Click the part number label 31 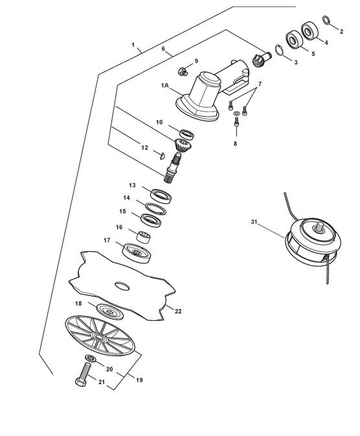[254, 222]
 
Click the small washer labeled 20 [91, 358]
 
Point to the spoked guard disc [100, 336]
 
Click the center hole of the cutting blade [122, 286]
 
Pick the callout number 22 [178, 311]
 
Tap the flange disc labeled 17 [137, 253]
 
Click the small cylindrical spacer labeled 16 [143, 236]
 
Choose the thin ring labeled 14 [155, 209]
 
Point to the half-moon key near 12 [163, 155]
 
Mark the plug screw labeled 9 [183, 72]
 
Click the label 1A [165, 86]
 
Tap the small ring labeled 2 [326, 20]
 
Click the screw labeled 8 [236, 122]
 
